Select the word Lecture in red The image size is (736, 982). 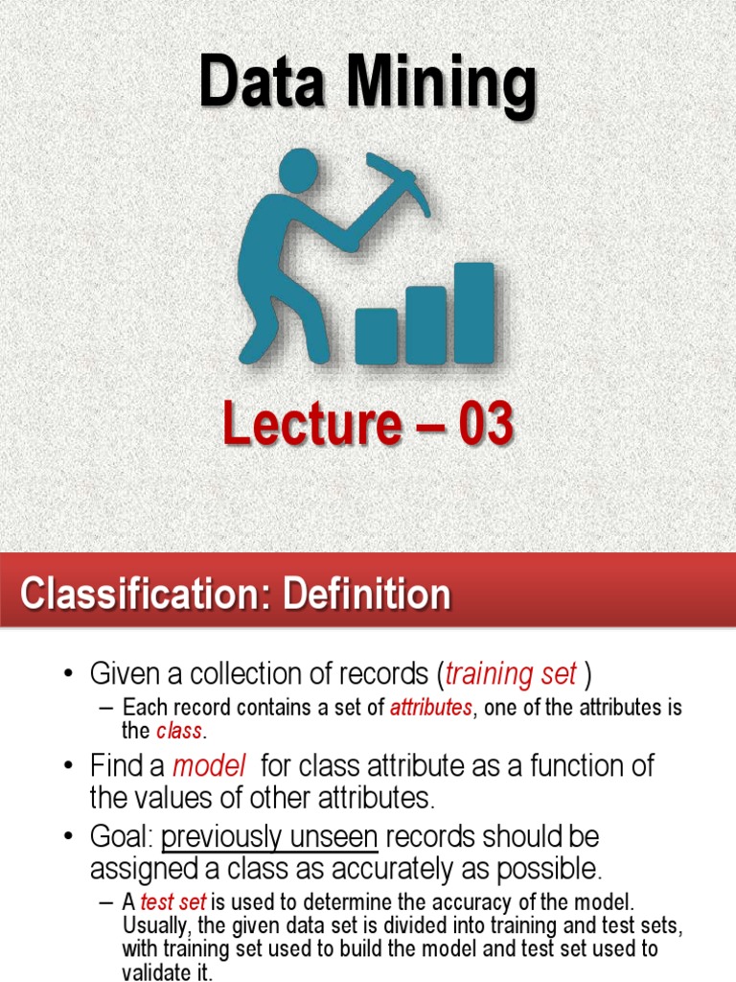pyautogui.click(x=307, y=426)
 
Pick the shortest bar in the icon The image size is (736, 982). pyautogui.click(x=376, y=336)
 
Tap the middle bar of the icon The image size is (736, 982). pyautogui.click(x=425, y=325)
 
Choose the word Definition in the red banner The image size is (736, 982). pyautogui.click(x=364, y=595)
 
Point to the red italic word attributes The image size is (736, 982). pyautogui.click(x=430, y=709)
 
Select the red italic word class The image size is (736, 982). pyautogui.click(x=179, y=731)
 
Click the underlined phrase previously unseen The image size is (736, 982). pyautogui.click(x=270, y=837)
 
